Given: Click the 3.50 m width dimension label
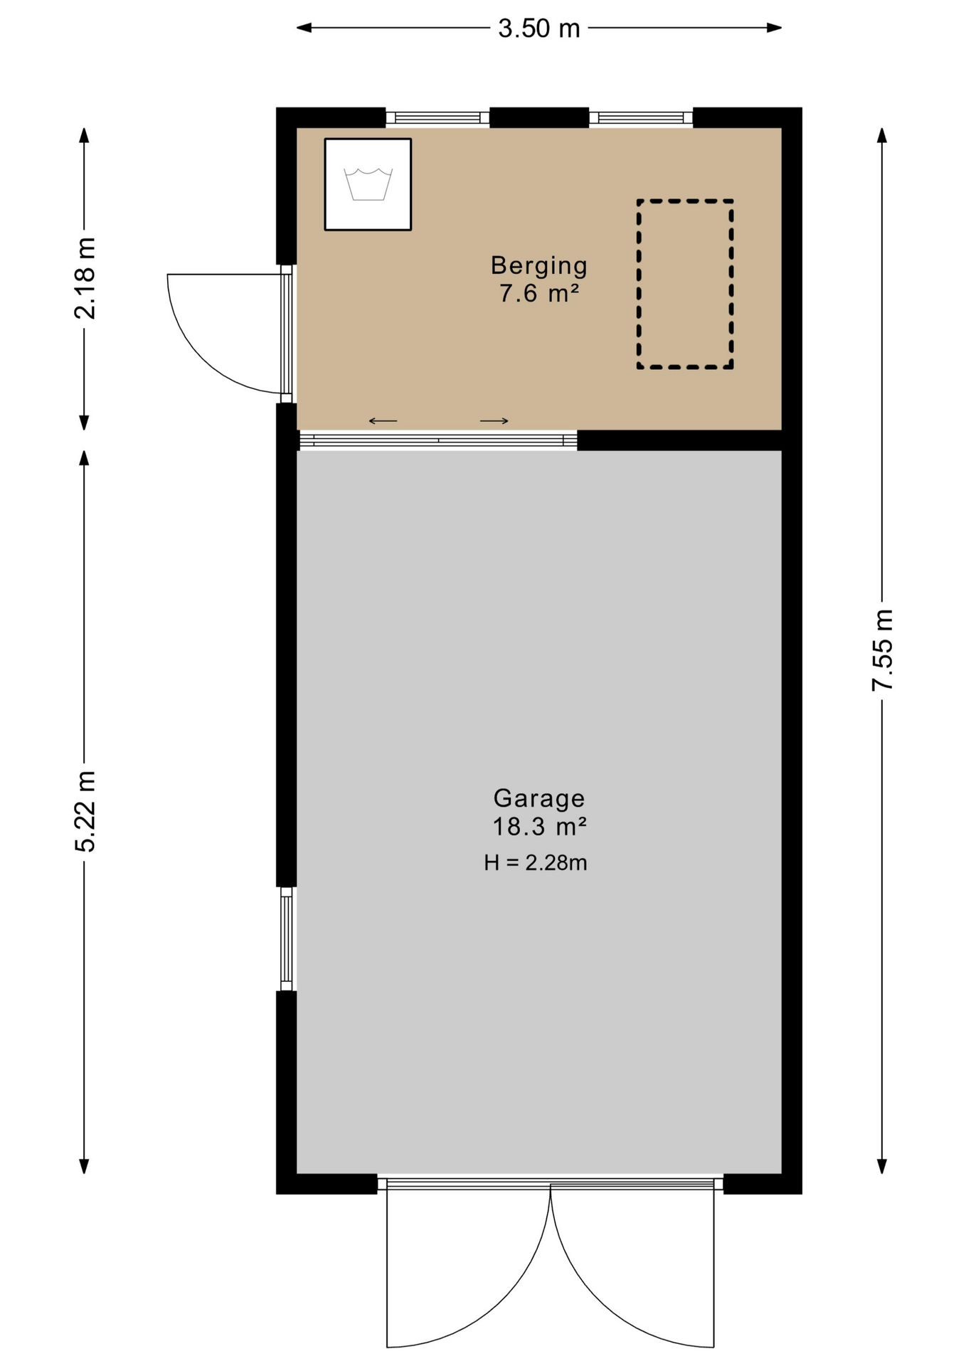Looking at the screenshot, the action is pyautogui.click(x=538, y=28).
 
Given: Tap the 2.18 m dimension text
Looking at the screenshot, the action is pyautogui.click(x=85, y=278).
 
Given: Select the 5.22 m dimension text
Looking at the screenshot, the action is pyautogui.click(x=85, y=810).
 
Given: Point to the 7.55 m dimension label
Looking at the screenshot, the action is pyautogui.click(x=882, y=650).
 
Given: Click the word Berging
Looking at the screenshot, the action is pyautogui.click(x=539, y=266).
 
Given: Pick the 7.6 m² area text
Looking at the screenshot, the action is pyautogui.click(x=538, y=293).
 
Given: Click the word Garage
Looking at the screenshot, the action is pyautogui.click(x=539, y=799).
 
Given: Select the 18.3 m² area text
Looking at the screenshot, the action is pyautogui.click(x=539, y=827).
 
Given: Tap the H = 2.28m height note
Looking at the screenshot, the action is pyautogui.click(x=535, y=863).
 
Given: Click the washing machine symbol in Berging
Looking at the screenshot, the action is pyautogui.click(x=368, y=184).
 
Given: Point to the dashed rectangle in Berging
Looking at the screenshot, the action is pyautogui.click(x=685, y=284).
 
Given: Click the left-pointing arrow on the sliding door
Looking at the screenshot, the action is pyautogui.click(x=383, y=421).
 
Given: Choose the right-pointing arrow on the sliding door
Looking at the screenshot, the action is pyautogui.click(x=494, y=421).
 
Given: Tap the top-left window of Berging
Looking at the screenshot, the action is pyautogui.click(x=437, y=117).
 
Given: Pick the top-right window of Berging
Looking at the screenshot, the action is pyautogui.click(x=641, y=117).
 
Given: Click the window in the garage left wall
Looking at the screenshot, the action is pyautogui.click(x=287, y=938).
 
